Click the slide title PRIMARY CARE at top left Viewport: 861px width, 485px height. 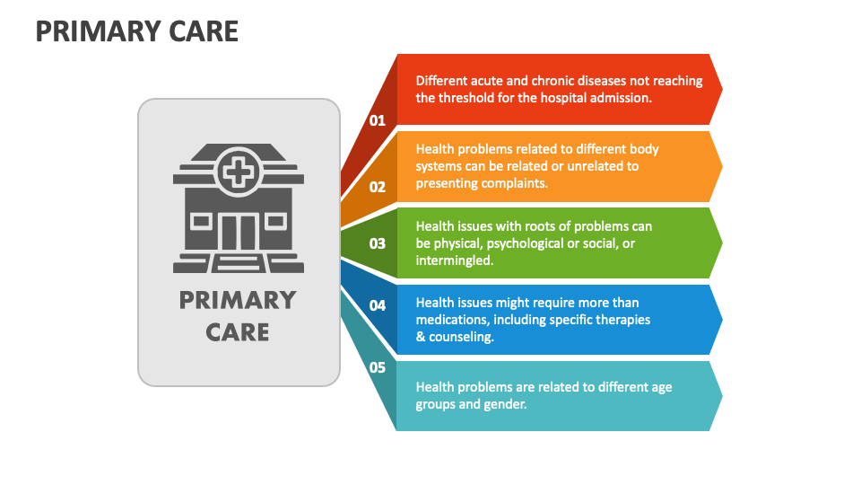click(x=136, y=31)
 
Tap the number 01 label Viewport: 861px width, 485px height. click(x=378, y=120)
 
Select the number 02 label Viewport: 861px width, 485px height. click(x=378, y=187)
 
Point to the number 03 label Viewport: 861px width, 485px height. click(x=378, y=243)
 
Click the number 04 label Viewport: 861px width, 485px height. click(x=378, y=305)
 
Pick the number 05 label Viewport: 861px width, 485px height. click(x=378, y=367)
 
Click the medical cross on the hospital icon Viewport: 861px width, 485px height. click(x=239, y=172)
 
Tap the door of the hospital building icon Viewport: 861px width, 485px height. click(x=239, y=233)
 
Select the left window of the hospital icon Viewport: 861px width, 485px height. click(x=202, y=222)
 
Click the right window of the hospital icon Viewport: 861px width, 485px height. click(x=275, y=222)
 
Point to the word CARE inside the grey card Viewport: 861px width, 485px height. click(x=238, y=332)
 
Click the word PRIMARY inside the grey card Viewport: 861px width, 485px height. click(x=238, y=300)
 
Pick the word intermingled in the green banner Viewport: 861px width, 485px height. click(x=455, y=260)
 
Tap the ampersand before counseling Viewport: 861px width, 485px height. click(x=421, y=337)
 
